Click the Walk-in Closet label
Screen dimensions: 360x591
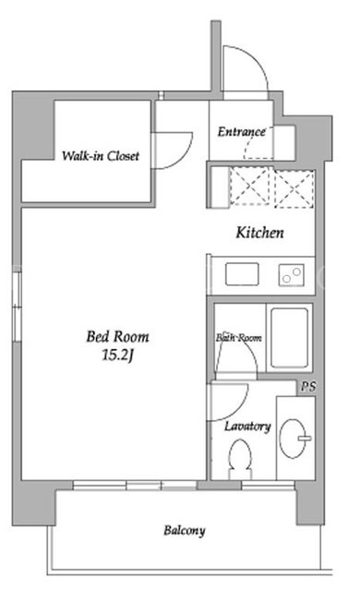point(101,156)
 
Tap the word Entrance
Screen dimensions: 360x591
point(241,131)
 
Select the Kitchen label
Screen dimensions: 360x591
point(259,233)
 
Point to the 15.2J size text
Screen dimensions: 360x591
point(117,355)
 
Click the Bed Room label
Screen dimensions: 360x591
point(117,336)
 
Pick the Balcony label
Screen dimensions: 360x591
point(185,531)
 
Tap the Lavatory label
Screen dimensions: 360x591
point(247,427)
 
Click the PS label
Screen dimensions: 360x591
point(308,386)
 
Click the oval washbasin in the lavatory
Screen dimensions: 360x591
point(293,439)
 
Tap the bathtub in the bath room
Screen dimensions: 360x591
point(289,338)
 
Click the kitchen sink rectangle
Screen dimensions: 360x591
point(242,274)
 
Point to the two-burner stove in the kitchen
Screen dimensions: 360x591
point(292,275)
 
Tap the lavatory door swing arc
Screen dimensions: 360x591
point(240,407)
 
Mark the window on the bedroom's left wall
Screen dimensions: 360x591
point(17,308)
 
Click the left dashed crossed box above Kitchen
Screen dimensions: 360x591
point(250,187)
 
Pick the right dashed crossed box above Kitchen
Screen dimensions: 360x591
point(294,188)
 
